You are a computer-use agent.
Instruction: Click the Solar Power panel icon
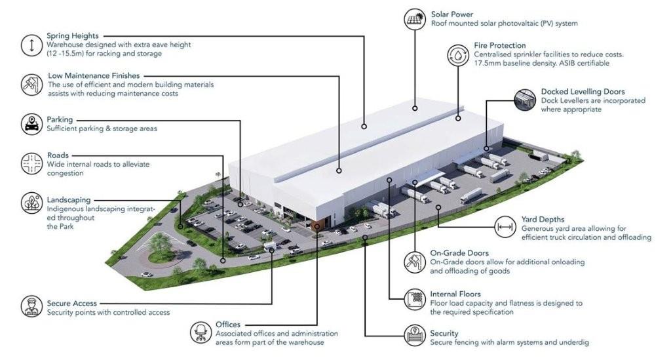click(415, 19)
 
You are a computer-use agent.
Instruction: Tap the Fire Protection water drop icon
click(458, 55)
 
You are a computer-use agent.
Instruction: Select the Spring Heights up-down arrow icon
click(31, 45)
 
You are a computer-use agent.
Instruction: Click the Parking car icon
click(31, 124)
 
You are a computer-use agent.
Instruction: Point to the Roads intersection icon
click(31, 163)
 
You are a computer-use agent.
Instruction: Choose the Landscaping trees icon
click(31, 203)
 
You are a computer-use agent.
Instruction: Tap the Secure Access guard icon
click(31, 306)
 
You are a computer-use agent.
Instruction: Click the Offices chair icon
click(201, 332)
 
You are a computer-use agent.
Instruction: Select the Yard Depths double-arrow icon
click(505, 227)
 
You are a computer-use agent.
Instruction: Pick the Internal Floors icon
click(415, 299)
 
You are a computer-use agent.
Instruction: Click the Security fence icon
click(415, 336)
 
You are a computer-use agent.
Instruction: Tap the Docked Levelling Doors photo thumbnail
click(525, 100)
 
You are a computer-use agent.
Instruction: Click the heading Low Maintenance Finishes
click(94, 76)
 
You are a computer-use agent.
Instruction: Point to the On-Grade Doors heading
click(459, 253)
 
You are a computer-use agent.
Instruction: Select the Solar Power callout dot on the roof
click(415, 108)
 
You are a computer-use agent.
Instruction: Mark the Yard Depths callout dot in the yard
click(438, 207)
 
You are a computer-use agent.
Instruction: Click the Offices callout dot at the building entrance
click(317, 225)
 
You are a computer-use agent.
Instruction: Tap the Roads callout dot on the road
click(223, 260)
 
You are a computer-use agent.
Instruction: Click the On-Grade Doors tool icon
click(415, 262)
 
